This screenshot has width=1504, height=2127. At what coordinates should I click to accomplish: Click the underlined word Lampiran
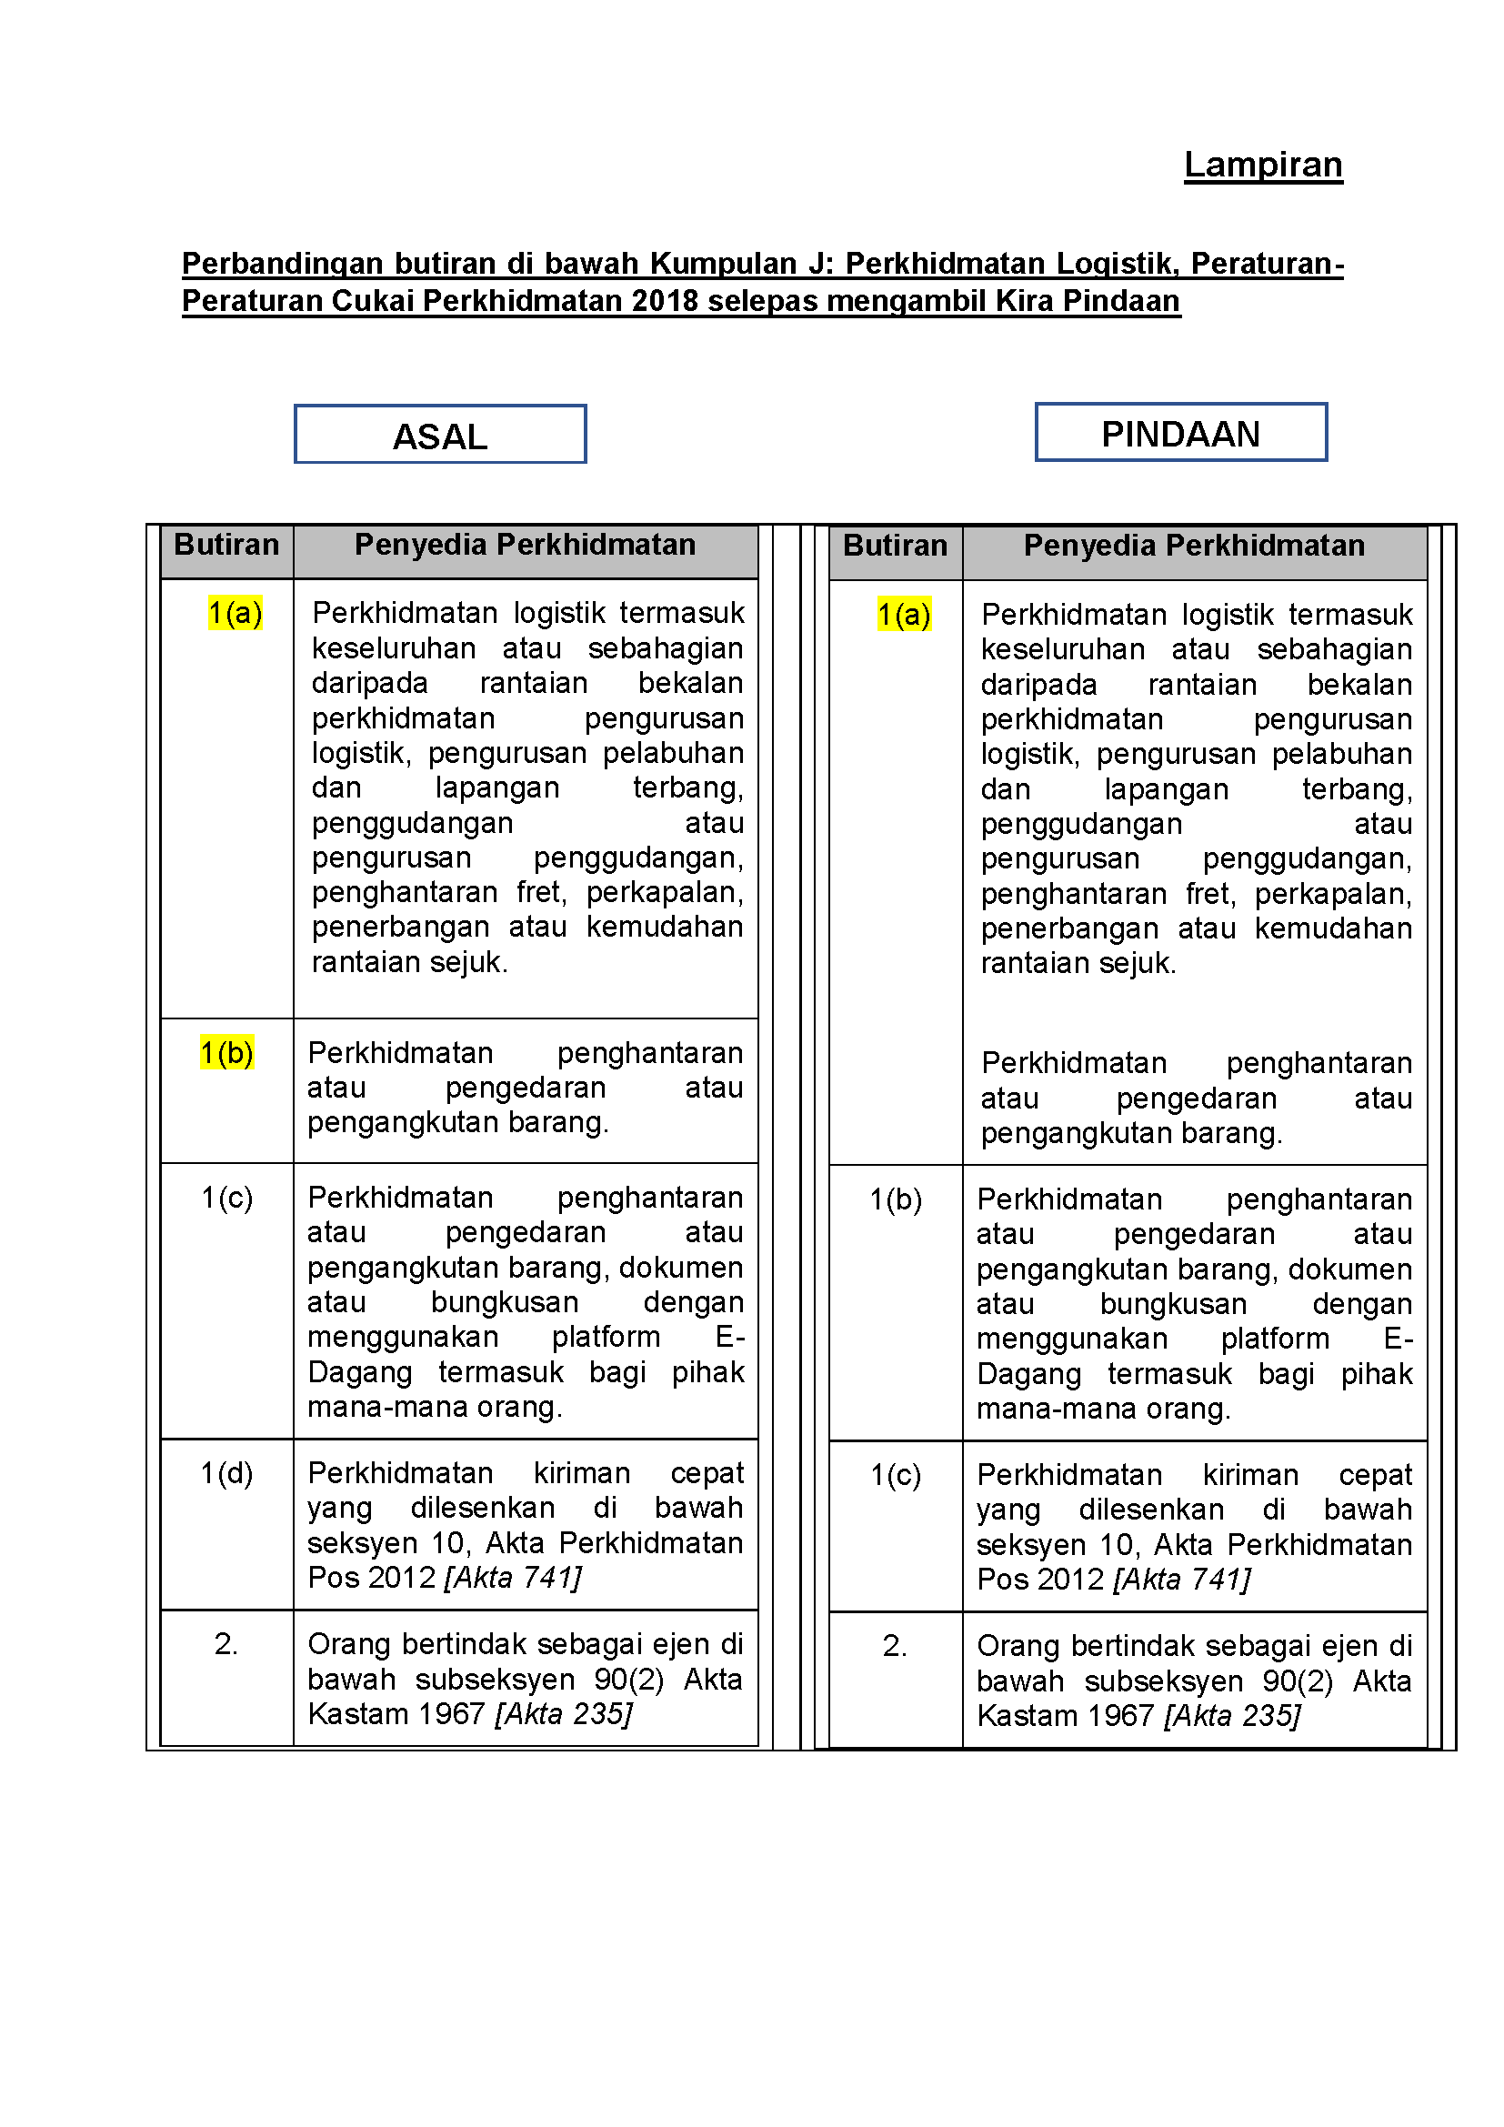coord(1262,165)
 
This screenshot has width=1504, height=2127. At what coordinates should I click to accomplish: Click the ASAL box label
coord(440,436)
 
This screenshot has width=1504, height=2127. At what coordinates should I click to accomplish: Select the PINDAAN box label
coord(1180,434)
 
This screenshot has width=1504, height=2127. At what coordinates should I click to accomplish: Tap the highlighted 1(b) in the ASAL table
coord(227,1053)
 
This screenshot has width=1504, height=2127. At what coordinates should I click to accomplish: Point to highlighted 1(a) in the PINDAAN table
coord(904,614)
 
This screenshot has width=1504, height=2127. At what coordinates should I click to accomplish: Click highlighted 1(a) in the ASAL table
coord(236,612)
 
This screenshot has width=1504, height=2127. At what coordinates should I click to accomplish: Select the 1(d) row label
coord(227,1473)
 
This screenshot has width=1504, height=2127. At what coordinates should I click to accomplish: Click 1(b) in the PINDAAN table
coord(896,1199)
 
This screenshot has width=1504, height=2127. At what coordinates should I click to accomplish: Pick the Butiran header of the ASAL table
coord(227,545)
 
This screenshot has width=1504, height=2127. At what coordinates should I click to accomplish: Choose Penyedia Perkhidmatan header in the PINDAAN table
coord(1194,546)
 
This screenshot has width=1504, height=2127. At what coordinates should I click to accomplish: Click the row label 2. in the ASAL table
coord(227,1644)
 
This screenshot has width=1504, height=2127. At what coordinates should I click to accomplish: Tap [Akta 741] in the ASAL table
coord(513,1578)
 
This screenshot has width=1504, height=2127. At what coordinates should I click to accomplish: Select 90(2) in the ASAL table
coord(629,1680)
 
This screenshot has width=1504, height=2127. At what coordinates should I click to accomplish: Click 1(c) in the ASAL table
coord(227,1198)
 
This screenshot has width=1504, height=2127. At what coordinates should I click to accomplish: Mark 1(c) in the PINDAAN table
coord(896,1475)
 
